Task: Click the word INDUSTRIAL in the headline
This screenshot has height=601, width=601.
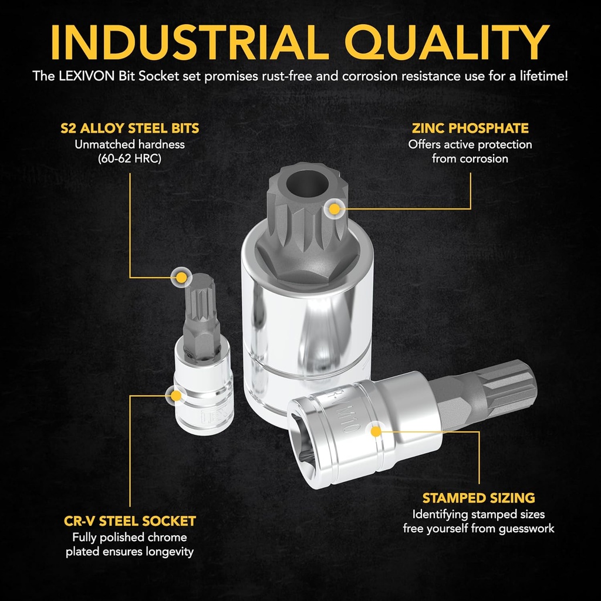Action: click(x=190, y=42)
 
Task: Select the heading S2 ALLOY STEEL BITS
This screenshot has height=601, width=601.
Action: click(x=130, y=128)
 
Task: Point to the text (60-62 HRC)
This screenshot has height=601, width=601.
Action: click(x=130, y=158)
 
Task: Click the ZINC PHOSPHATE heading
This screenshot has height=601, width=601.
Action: click(x=470, y=128)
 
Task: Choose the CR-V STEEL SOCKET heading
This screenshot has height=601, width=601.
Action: click(x=130, y=521)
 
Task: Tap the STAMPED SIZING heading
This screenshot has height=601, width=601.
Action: click(x=479, y=498)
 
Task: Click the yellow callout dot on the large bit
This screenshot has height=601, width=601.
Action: click(x=335, y=209)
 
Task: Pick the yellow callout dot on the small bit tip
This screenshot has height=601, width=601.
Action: click(x=181, y=278)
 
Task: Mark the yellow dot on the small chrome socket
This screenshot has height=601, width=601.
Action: click(x=176, y=396)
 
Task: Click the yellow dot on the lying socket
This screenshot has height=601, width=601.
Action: click(x=376, y=431)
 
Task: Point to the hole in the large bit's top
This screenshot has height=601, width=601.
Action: click(x=306, y=184)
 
